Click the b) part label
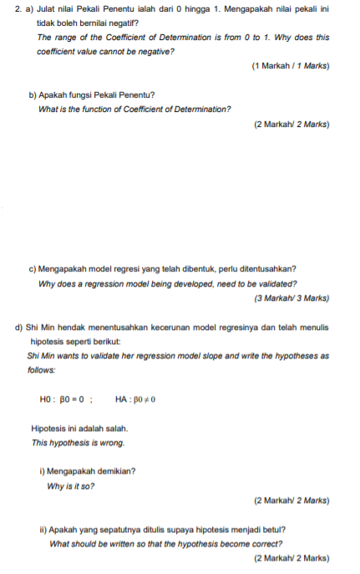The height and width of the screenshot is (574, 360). [33, 95]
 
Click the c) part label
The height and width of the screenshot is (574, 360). [33, 269]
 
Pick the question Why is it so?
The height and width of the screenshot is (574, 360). [71, 485]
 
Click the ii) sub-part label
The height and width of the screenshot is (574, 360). [43, 530]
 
